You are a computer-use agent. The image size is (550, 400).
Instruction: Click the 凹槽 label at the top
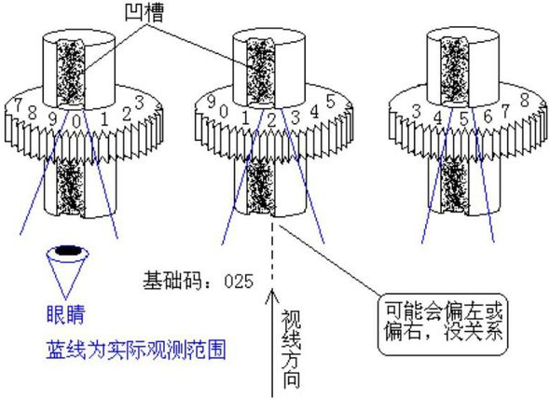(x=144, y=13)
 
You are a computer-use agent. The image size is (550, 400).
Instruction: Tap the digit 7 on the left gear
(x=18, y=104)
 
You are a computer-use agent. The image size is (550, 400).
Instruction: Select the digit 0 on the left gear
(x=76, y=121)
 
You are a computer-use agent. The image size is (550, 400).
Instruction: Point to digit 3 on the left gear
(x=140, y=103)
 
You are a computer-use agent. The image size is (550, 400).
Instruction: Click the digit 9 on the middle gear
(x=212, y=102)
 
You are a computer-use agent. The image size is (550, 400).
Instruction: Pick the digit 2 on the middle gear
(x=271, y=120)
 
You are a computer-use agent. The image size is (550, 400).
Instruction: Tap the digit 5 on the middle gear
(x=330, y=102)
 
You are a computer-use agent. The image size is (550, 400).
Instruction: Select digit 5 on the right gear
(x=463, y=119)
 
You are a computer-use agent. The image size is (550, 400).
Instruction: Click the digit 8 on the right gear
(x=525, y=100)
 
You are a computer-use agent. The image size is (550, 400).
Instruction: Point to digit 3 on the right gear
(x=417, y=112)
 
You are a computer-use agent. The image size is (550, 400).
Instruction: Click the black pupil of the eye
(x=68, y=251)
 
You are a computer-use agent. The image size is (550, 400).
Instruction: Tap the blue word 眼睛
(x=65, y=314)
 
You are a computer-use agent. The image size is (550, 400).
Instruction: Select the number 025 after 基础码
(x=239, y=282)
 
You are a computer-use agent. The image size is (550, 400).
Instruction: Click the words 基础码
(x=172, y=281)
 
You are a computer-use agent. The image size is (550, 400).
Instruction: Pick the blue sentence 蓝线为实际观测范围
(x=136, y=350)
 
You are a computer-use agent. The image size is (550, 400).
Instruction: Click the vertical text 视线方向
(x=291, y=349)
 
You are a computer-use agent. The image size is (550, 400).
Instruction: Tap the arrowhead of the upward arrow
(x=272, y=296)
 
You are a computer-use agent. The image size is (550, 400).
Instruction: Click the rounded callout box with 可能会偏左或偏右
(x=443, y=324)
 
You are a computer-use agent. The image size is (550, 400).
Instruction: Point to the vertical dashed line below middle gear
(x=272, y=252)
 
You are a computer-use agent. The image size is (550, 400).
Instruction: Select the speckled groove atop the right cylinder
(x=455, y=70)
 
